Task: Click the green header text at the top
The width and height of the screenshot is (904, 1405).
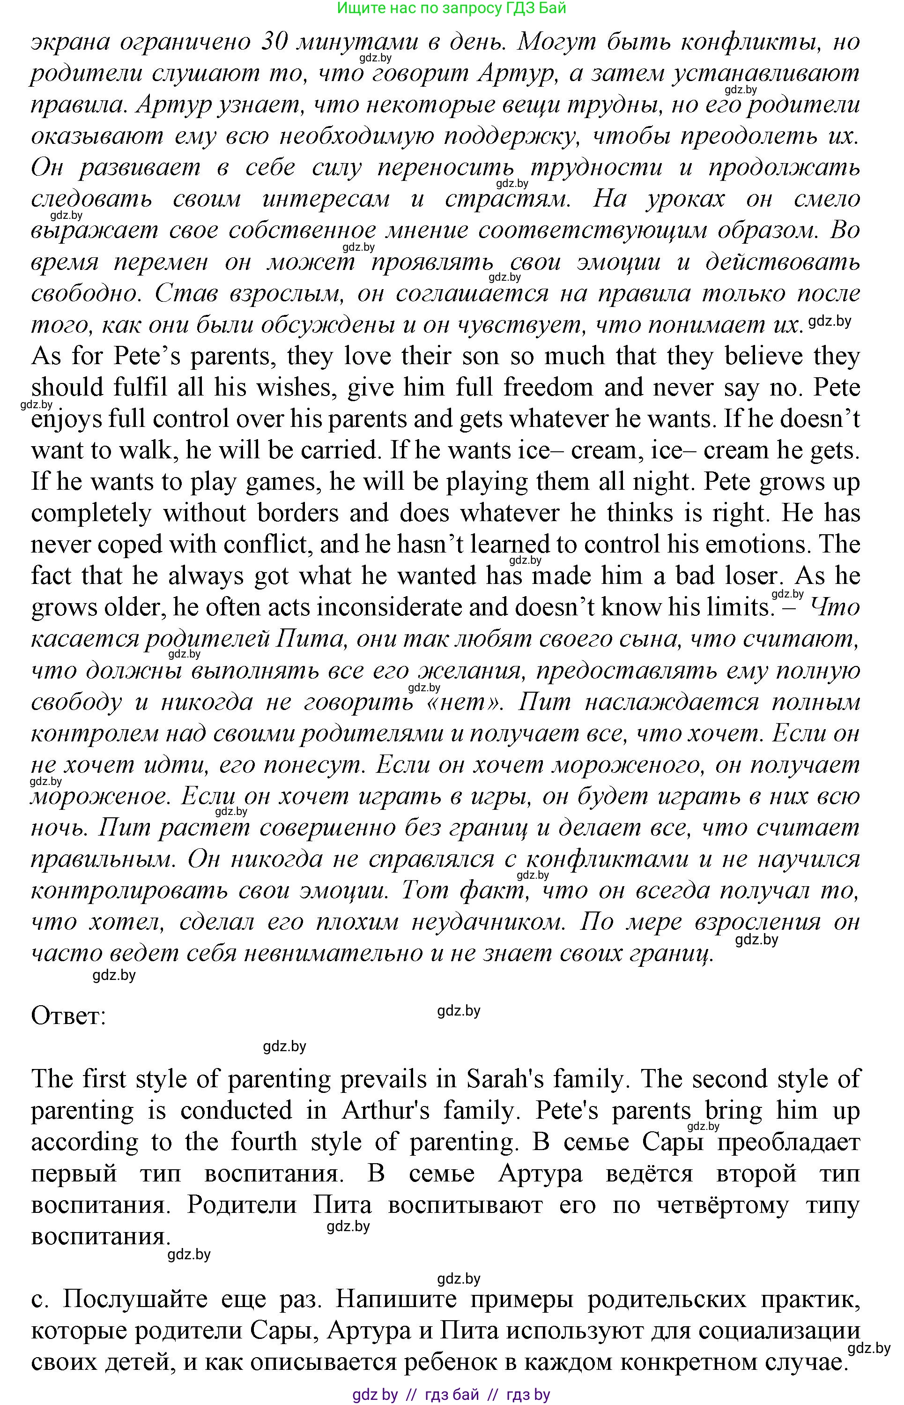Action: tap(452, 8)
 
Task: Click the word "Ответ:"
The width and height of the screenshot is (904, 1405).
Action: tap(68, 1016)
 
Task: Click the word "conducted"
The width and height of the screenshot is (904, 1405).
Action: tap(236, 1111)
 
